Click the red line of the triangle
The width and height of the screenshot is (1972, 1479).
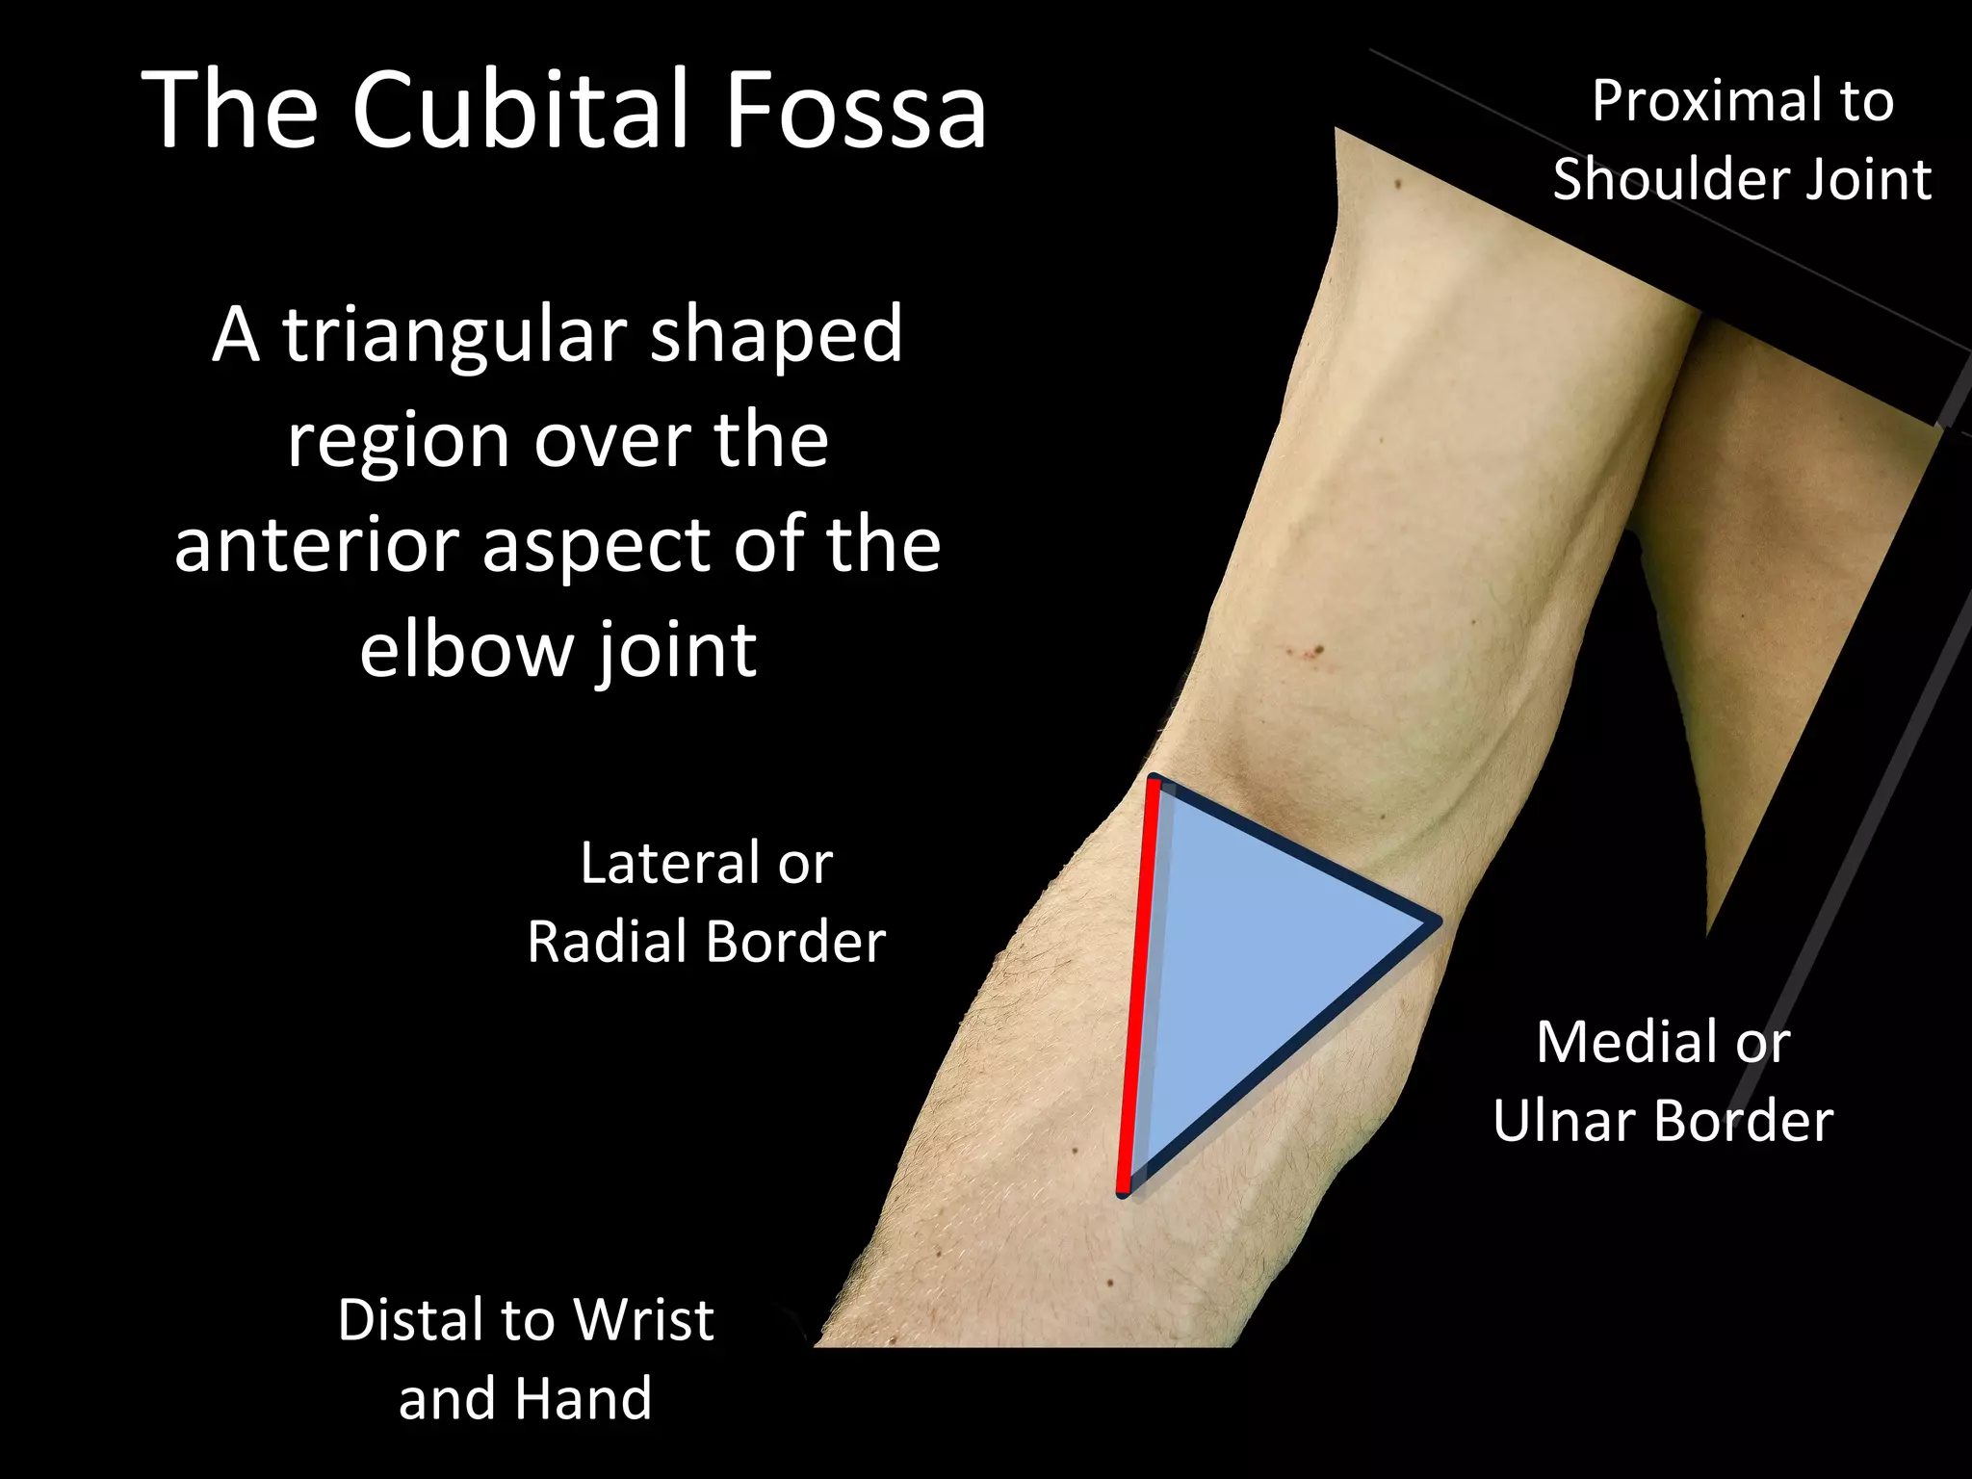tap(1139, 982)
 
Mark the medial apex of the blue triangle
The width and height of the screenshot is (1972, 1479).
tap(1433, 922)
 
